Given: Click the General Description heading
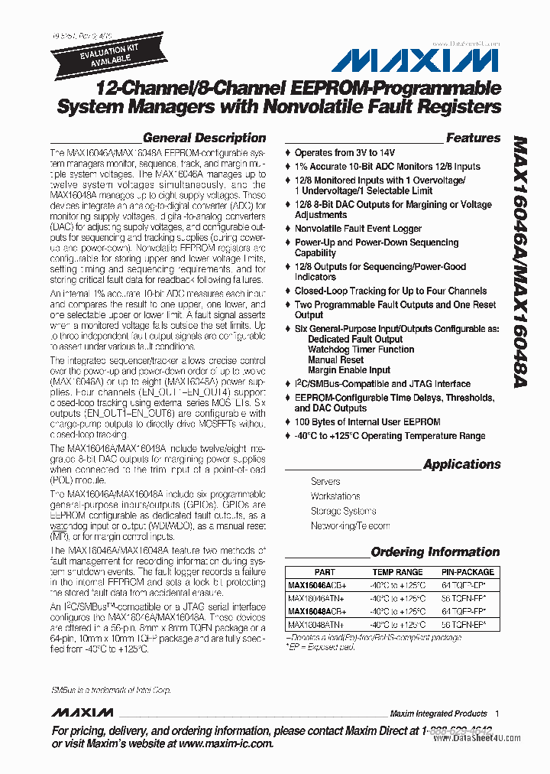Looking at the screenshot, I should click(204, 138).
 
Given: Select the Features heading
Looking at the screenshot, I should click(473, 138).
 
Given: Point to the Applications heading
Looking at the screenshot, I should click(461, 464).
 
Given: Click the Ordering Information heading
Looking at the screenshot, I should click(435, 552).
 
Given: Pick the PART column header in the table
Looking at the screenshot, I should click(324, 572).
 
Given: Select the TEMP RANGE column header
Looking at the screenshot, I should click(397, 572).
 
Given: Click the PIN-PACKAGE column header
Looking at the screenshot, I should click(467, 572).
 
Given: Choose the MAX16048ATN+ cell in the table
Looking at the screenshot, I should click(315, 625).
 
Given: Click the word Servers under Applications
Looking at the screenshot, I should click(325, 482).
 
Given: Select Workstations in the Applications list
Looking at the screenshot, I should click(335, 496).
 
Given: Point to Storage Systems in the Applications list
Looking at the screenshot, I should click(343, 511).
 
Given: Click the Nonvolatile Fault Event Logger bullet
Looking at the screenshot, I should click(357, 229).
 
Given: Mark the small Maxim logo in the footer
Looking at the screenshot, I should click(82, 713).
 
